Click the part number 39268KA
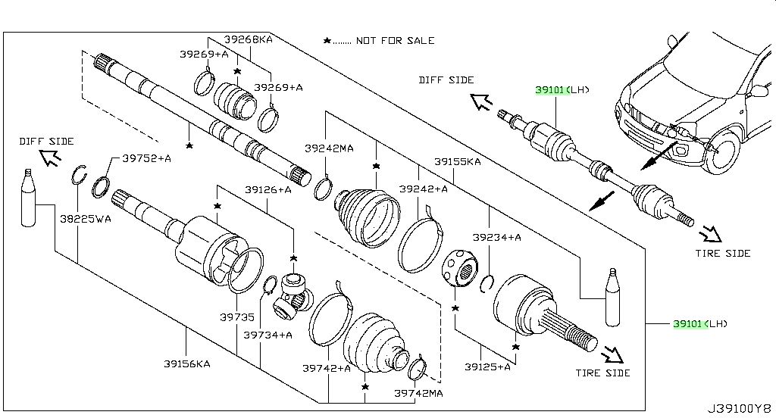248,39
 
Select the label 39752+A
146,158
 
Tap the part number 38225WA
86,219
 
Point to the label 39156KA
187,364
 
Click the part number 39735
237,317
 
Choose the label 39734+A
268,335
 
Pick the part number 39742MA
418,393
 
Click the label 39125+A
487,367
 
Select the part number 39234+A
497,238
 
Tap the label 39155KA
457,161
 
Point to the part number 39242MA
329,148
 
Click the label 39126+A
268,189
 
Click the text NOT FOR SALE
395,41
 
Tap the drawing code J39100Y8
740,409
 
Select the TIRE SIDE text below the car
722,253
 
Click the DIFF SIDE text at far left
46,142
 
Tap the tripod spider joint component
293,295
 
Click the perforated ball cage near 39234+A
459,267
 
